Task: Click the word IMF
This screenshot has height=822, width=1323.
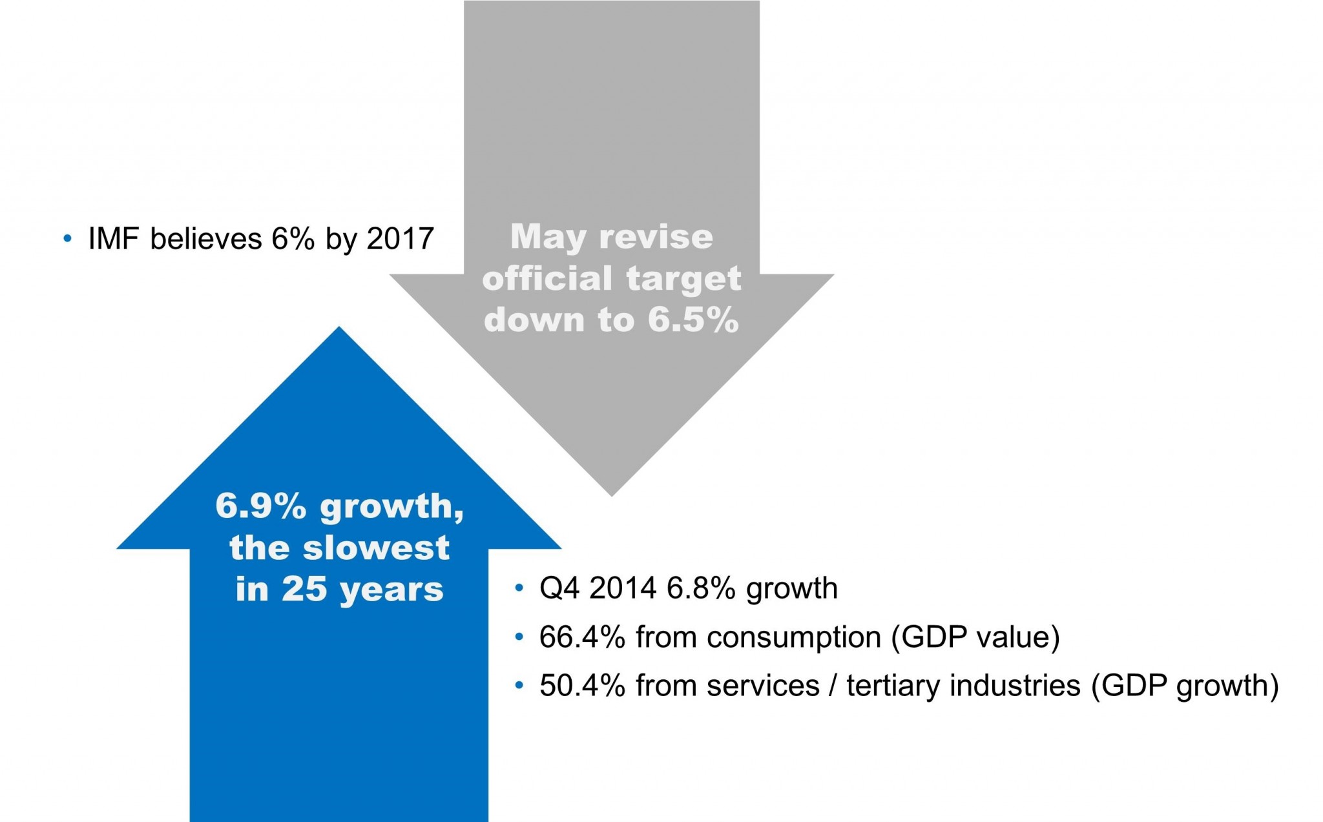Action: click(113, 239)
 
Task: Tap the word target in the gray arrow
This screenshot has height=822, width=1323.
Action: click(684, 279)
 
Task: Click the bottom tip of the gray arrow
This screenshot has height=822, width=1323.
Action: click(611, 494)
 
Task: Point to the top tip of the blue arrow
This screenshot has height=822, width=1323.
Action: click(339, 329)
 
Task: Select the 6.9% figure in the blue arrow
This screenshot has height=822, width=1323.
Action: click(261, 506)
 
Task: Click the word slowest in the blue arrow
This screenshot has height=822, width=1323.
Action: click(375, 548)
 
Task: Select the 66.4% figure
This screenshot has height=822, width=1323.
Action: click(582, 637)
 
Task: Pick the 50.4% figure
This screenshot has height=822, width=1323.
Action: click(582, 686)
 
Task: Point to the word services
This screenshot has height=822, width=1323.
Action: click(763, 686)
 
